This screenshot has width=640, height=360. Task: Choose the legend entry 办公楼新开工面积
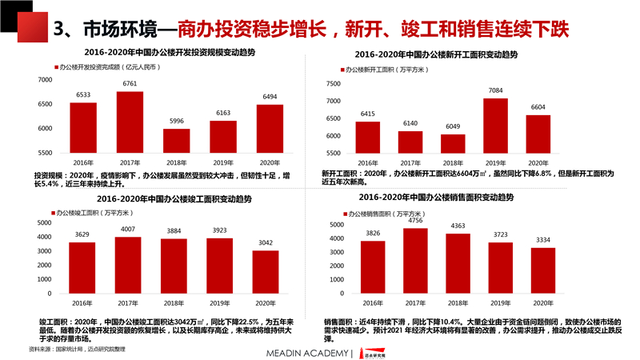pyautogui.click(x=386, y=70)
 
